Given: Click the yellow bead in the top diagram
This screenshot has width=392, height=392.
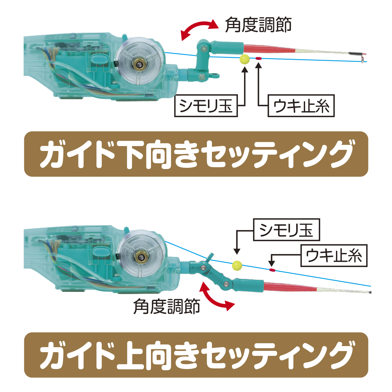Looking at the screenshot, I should click(x=244, y=59).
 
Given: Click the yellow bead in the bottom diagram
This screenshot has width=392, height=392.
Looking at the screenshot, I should click(x=237, y=266).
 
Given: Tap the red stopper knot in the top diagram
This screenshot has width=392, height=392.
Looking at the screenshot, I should click(x=258, y=58).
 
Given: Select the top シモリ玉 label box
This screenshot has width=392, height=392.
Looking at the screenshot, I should click(x=206, y=106).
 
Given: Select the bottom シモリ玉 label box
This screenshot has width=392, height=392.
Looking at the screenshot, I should click(x=286, y=230).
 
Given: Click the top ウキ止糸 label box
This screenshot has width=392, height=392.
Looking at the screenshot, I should click(x=301, y=106).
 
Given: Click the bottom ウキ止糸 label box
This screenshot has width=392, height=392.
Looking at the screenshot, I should click(x=334, y=255).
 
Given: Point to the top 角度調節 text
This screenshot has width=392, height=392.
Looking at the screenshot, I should click(x=258, y=24).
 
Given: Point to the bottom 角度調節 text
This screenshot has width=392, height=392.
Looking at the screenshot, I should click(x=167, y=307).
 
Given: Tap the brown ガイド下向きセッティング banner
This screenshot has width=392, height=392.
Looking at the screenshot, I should click(x=196, y=154).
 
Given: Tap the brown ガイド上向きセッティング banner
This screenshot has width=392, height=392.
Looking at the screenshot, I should click(x=196, y=355).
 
